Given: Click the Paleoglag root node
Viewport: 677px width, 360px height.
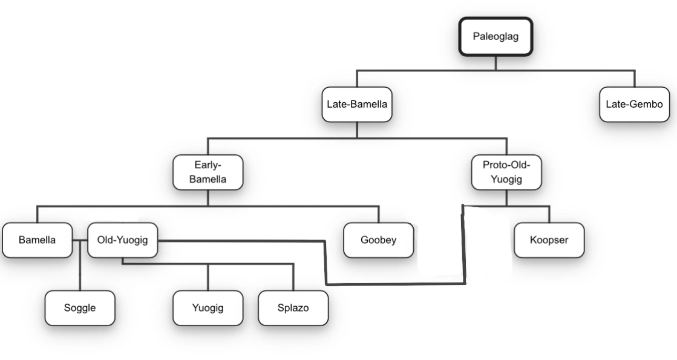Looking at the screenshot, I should pos(495,36).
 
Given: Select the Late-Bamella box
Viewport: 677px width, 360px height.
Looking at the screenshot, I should pos(357,105).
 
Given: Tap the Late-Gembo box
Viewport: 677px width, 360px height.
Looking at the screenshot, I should pos(634,105).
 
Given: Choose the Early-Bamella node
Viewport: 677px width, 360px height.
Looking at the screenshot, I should pos(208,172).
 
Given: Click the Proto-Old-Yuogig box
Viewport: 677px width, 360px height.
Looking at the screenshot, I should pos(506,172).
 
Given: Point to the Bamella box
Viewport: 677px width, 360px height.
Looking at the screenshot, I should pos(37,240).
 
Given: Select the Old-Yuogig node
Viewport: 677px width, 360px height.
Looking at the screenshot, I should pos(123,240).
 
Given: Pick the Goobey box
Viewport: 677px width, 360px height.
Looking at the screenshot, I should pos(379,240).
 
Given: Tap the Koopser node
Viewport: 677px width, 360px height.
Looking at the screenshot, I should pos(549,240).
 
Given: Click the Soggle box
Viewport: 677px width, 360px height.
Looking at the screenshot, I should pos(80,308).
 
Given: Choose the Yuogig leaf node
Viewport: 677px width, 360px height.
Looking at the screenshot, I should pos(208,308).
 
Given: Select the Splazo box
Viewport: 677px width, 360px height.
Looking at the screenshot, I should pos(293,308).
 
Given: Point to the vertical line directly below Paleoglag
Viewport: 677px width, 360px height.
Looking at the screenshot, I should pos(495,63).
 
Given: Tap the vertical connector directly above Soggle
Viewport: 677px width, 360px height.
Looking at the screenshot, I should pos(80,266).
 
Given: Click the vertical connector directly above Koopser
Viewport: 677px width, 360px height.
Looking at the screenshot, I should pos(549,214).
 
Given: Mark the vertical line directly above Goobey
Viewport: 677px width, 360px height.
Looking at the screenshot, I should pos(379,214).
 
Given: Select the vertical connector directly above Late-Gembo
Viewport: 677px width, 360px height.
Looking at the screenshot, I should pos(634,79).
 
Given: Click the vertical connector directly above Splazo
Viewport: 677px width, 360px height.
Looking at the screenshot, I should pos(293,277).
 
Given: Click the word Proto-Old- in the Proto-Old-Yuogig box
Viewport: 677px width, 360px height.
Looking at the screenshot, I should pos(506,165).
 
